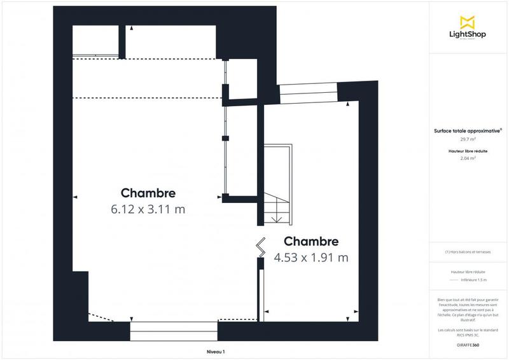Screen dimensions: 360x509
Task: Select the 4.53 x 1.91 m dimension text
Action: pos(311,258)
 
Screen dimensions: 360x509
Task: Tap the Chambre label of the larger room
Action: pos(148,193)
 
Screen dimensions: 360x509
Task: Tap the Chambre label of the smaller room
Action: pos(311,242)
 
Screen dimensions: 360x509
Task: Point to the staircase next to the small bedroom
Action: pos(277,184)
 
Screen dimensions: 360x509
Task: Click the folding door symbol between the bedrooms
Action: pos(261,246)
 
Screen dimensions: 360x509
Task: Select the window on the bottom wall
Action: pos(173,331)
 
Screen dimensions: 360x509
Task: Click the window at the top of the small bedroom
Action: pos(309,93)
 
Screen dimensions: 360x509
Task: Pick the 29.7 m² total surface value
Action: pos(468,139)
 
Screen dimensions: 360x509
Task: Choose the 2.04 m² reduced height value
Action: pos(468,158)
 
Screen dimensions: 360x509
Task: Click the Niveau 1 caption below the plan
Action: pos(216,352)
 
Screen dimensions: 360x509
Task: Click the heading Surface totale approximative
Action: pos(468,130)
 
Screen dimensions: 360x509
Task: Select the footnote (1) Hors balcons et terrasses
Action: pos(468,252)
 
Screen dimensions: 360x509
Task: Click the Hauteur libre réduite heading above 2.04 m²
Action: pos(468,151)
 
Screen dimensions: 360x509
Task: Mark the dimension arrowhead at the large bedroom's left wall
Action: pos(76,197)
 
